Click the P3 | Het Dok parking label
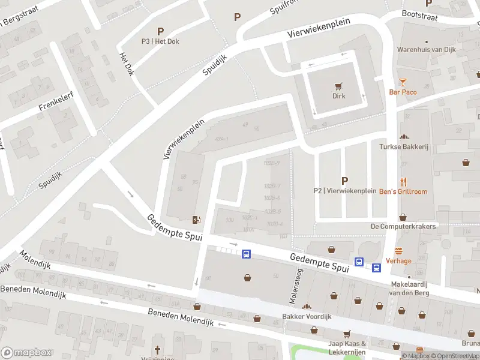click(x=160, y=41)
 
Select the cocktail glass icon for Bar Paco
click(x=403, y=82)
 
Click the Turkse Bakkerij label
click(x=403, y=146)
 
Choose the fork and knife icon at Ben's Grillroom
click(x=403, y=182)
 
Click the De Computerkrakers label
click(x=403, y=226)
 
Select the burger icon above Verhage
click(x=398, y=251)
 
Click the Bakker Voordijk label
click(x=307, y=316)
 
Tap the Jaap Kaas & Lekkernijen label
click(x=347, y=347)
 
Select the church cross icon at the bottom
click(x=158, y=349)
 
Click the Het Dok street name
click(x=127, y=64)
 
